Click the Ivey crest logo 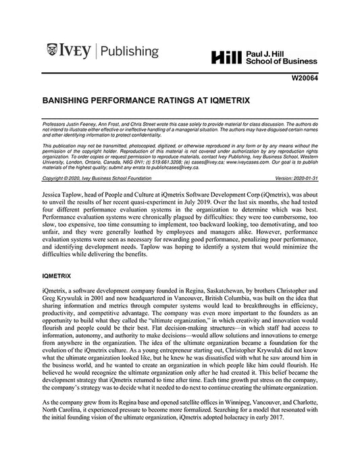[54, 49]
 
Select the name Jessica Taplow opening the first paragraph [62, 192]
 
